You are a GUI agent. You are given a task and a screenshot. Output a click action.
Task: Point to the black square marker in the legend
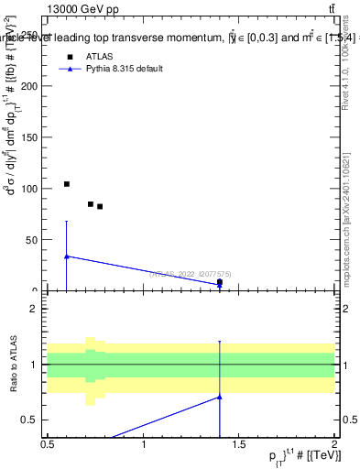(66, 56)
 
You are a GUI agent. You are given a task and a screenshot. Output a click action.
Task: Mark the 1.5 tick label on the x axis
(239, 445)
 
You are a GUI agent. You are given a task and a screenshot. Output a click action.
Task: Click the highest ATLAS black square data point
(67, 184)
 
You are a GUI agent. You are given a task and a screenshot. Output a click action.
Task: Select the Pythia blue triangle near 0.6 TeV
(67, 256)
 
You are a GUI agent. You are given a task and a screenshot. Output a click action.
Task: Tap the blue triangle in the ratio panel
(220, 397)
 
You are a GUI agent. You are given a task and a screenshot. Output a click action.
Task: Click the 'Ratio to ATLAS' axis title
(15, 365)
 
